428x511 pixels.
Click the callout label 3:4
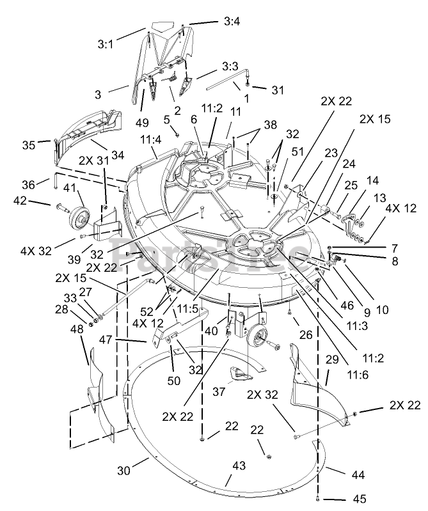pyautogui.click(x=232, y=22)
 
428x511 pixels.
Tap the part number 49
pyautogui.click(x=142, y=123)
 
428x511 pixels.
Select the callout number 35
pyautogui.click(x=29, y=145)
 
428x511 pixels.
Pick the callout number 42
pyautogui.click(x=20, y=200)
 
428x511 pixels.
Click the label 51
pyautogui.click(x=297, y=152)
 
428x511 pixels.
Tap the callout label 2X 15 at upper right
pyautogui.click(x=375, y=119)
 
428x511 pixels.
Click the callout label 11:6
pyautogui.click(x=358, y=375)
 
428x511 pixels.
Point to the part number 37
pyautogui.click(x=219, y=391)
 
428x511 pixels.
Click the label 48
pyautogui.click(x=77, y=330)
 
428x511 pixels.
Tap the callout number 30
pyautogui.click(x=124, y=470)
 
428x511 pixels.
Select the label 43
pyautogui.click(x=239, y=466)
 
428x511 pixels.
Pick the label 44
pyautogui.click(x=358, y=475)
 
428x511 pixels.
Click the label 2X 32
pyautogui.click(x=262, y=395)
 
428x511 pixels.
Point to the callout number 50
pyautogui.click(x=173, y=381)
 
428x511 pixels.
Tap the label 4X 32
pyautogui.click(x=36, y=251)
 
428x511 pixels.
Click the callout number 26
pyautogui.click(x=305, y=334)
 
